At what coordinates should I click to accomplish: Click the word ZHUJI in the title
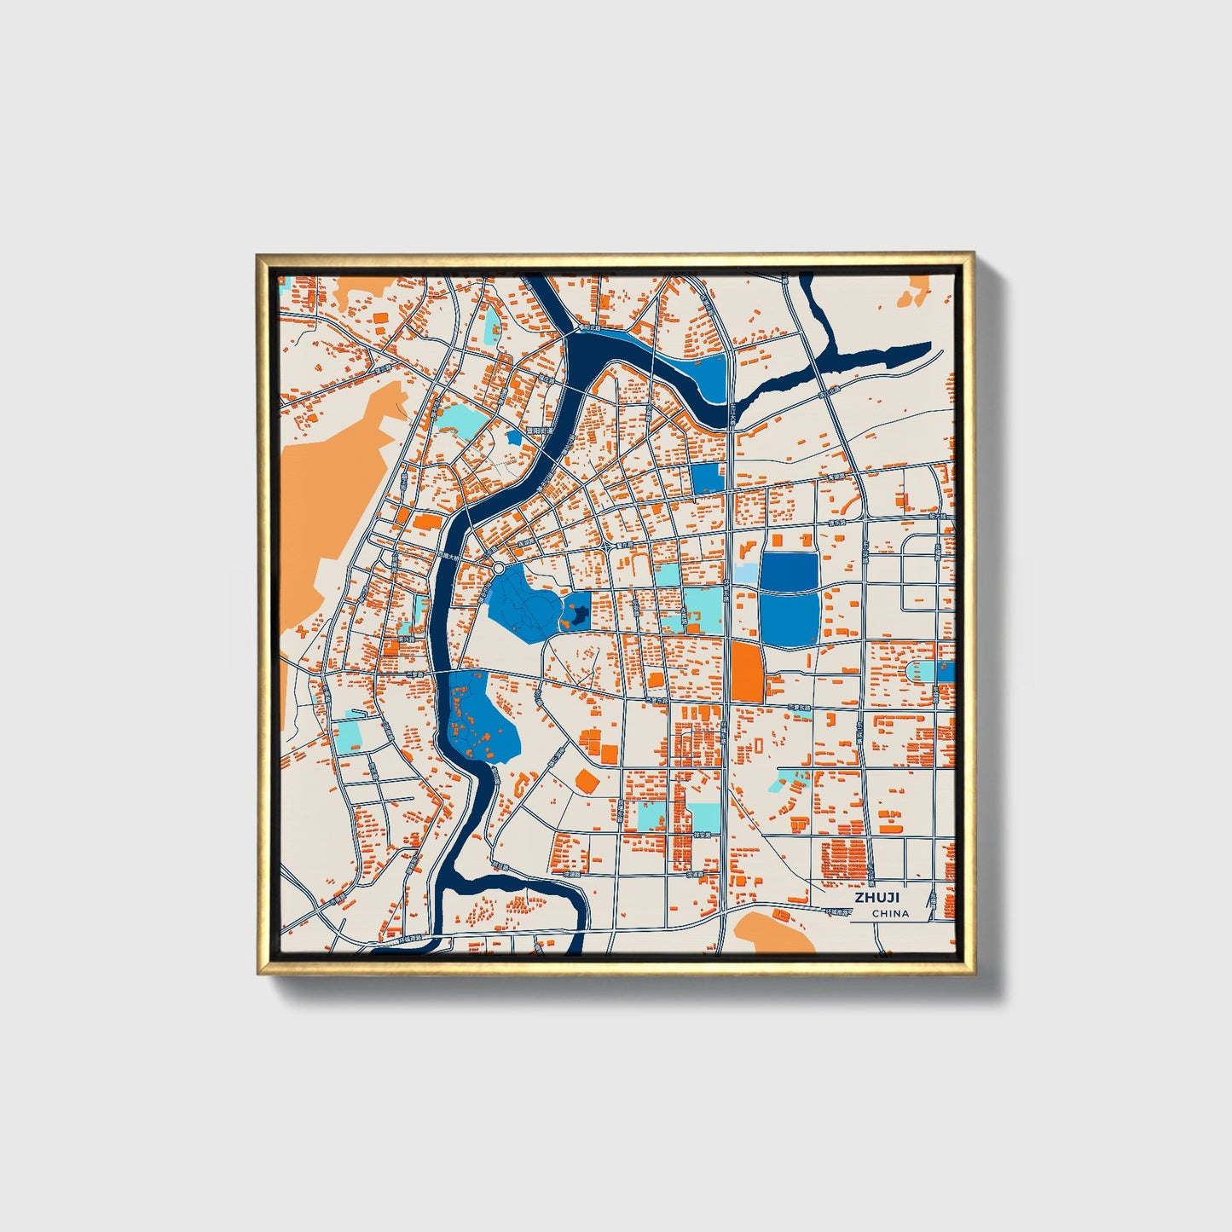(877, 898)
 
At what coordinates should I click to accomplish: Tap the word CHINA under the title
(890, 913)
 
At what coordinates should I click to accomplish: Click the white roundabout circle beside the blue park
(498, 567)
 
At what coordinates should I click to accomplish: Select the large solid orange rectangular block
(746, 672)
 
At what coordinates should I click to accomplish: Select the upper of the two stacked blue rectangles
(789, 570)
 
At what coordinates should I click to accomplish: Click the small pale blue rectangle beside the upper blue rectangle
(744, 573)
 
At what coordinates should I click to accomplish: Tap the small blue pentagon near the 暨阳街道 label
(513, 437)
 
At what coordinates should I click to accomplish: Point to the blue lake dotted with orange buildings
(482, 716)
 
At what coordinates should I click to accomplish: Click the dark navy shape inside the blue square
(577, 613)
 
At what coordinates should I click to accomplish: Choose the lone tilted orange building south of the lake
(587, 780)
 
